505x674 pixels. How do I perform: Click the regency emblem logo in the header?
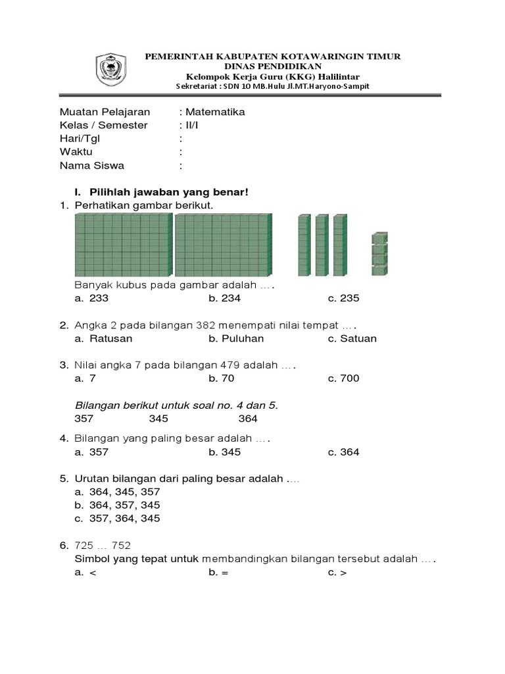(x=113, y=70)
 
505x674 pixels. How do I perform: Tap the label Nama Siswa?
(x=91, y=165)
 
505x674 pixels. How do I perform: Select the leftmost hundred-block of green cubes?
(x=123, y=246)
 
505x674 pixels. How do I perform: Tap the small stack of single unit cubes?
(x=379, y=254)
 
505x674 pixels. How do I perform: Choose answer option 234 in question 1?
(x=225, y=298)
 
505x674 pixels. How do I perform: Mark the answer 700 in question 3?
(x=348, y=378)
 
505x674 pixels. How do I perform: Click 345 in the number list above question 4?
(x=158, y=419)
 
